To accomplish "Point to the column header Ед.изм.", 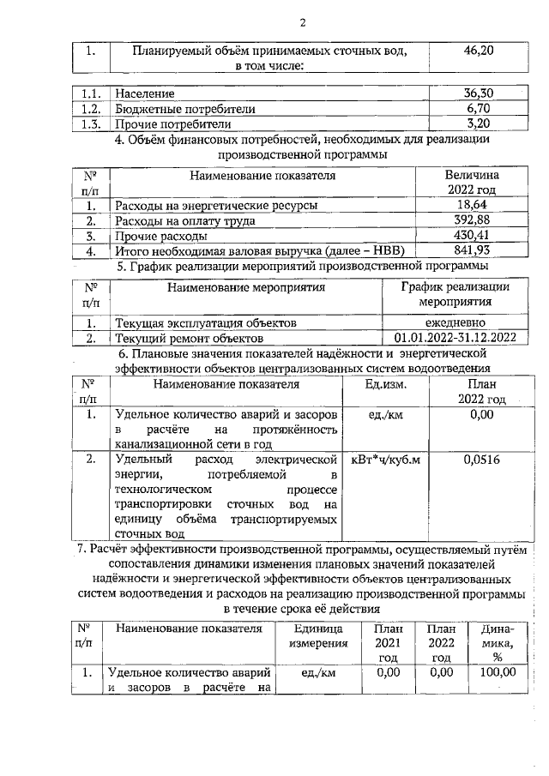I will (385, 384).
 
